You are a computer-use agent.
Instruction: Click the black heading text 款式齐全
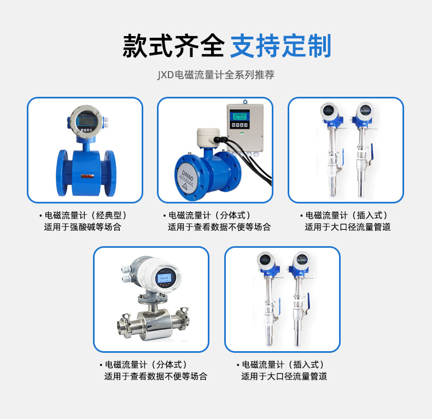coord(173,46)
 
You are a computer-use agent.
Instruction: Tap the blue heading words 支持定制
coord(281,46)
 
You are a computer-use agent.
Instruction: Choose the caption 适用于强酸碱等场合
coord(83,226)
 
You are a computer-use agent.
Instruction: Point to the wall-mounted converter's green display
coord(239,115)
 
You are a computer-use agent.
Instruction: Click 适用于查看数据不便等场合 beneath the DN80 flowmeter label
coord(219,226)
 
